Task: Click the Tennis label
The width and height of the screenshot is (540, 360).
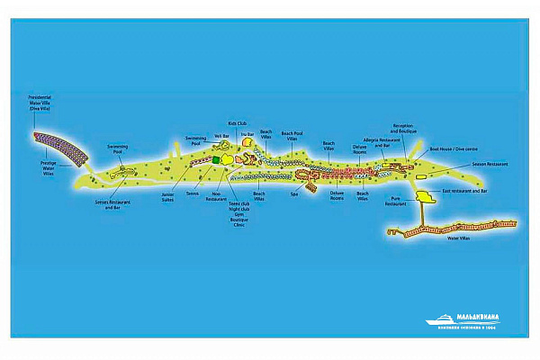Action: click(x=192, y=193)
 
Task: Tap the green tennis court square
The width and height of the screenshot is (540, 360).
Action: click(x=216, y=160)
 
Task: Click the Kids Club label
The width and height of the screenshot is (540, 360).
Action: click(x=237, y=123)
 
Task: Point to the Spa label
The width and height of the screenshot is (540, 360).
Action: click(x=293, y=193)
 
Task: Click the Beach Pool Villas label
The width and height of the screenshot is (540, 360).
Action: click(x=292, y=137)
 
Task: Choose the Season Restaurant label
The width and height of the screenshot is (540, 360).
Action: click(x=490, y=164)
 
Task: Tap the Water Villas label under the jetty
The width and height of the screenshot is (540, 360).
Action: click(x=458, y=238)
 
